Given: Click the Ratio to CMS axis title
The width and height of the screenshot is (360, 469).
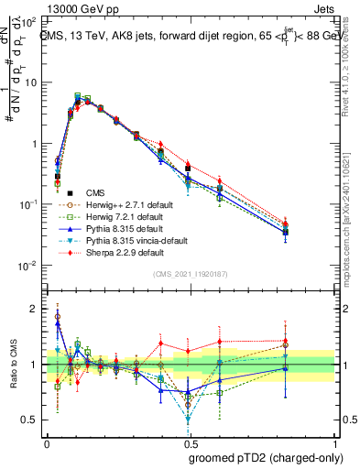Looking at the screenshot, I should pos(11,365).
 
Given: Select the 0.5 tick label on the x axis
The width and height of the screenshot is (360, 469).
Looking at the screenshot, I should pos(190,441).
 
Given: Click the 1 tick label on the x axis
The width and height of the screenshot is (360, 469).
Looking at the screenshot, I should pos(333,441).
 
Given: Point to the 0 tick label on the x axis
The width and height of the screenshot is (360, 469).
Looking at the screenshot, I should pos(47,441).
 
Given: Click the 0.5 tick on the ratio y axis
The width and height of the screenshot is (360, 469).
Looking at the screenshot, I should pos(31,420).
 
